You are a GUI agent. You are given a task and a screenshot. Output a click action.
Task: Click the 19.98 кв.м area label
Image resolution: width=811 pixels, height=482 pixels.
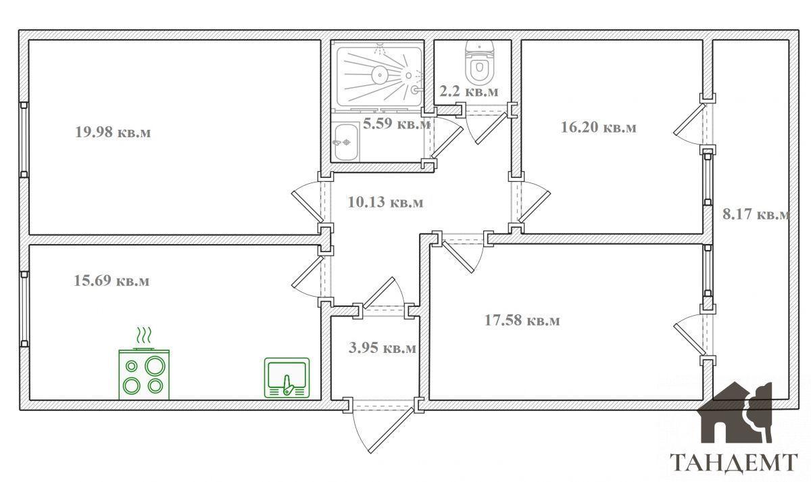113,132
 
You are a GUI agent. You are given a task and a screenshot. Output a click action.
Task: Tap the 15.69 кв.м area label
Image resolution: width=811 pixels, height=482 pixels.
112,281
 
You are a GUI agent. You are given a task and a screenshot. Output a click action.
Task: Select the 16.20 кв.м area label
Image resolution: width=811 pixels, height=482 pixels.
599,127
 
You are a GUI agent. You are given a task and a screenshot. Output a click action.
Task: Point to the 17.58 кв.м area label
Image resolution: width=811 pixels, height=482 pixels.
522,320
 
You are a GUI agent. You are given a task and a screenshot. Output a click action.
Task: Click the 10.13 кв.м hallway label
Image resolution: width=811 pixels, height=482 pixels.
385,202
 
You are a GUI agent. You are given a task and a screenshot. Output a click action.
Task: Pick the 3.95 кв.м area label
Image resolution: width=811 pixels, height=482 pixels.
383,347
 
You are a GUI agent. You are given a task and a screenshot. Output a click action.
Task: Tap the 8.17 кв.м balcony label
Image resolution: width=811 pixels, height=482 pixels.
756,214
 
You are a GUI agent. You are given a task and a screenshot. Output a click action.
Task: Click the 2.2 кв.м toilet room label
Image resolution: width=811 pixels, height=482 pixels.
469,91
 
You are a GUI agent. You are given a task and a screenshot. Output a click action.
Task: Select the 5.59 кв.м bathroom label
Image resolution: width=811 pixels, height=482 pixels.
397,124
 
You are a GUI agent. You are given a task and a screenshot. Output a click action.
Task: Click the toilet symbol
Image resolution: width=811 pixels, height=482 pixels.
479,62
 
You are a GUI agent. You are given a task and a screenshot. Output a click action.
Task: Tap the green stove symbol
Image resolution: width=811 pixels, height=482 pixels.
144,374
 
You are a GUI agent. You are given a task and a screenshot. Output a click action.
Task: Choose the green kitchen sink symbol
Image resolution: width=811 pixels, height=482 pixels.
287,378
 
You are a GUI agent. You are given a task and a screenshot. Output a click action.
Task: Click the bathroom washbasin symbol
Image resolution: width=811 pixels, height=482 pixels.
347,142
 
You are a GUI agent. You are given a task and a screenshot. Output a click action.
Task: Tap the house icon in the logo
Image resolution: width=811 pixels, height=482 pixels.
736,412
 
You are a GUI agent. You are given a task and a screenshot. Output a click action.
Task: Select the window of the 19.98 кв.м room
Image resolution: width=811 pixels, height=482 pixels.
24,140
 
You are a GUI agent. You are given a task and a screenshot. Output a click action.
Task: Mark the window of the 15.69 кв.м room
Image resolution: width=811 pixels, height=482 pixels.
24,309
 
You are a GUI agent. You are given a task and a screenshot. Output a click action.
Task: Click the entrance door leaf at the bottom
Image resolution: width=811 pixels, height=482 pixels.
391,429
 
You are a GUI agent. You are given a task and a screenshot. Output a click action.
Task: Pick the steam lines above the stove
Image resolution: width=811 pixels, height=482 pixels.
144,335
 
